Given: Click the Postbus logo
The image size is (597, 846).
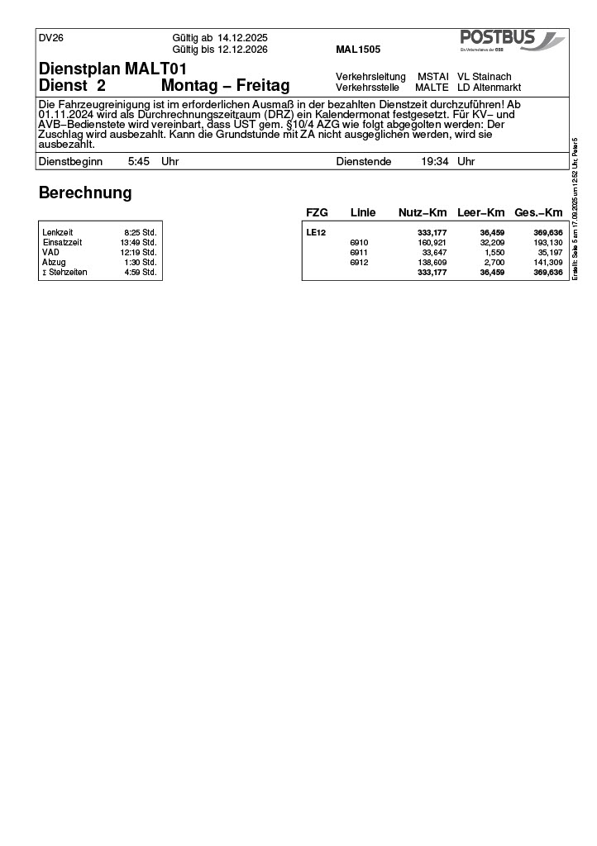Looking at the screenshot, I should tap(511, 40).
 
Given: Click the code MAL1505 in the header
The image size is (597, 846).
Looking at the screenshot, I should tap(358, 50).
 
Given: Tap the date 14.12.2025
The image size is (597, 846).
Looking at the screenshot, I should tap(243, 38).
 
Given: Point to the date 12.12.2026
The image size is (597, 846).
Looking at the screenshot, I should tap(243, 50).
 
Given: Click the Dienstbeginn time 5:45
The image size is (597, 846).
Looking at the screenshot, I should tap(138, 162).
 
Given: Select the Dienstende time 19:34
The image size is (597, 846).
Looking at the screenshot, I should tap(435, 162).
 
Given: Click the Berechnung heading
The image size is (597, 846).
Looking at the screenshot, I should tap(85, 193).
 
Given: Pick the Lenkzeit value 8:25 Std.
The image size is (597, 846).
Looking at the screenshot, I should tap(140, 233).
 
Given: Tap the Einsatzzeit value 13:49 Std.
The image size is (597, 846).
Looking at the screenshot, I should tap(138, 243).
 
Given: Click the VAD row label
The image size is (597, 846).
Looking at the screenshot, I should tap(50, 253).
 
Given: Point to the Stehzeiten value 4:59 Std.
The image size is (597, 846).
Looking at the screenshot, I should tap(140, 273).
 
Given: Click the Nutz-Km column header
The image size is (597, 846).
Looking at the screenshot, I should tap(423, 213).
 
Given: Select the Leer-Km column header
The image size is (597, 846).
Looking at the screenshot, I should tap(480, 213).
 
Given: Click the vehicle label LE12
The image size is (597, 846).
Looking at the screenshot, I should tap(316, 233).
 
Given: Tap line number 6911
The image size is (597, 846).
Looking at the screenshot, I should tap(359, 253).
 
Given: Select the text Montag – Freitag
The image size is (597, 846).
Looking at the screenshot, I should tap(225, 86).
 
